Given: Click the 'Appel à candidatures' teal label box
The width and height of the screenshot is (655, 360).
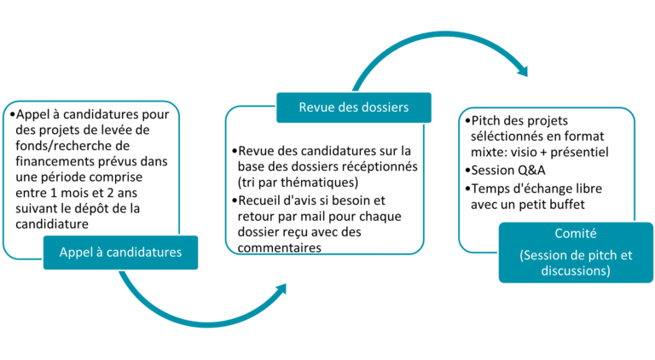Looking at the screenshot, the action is coord(121,253).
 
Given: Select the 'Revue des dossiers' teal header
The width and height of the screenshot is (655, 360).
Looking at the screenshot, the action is coord(354,107).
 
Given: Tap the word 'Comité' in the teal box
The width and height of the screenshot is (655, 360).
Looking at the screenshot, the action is coord(576,233).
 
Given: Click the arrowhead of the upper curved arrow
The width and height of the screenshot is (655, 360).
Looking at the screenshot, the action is coord(523,70).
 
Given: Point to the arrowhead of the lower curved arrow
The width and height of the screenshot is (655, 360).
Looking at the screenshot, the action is coord(280,289).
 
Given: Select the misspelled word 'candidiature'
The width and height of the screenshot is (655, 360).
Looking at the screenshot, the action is coord(52,224).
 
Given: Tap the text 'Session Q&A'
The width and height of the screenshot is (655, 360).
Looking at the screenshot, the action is coord(508,171).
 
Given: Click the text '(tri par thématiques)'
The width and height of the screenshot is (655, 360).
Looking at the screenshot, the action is coord(298,183).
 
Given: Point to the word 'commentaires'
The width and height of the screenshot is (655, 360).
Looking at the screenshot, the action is coord(280,247).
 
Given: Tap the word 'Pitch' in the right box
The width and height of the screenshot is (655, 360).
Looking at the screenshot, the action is coord(486,120).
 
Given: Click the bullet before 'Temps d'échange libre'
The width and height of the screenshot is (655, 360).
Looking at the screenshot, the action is coord(467,189).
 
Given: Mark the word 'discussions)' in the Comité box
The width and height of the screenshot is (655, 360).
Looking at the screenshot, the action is coord(576,270).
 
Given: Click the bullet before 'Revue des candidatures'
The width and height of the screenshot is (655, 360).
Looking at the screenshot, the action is coord(235,151).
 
